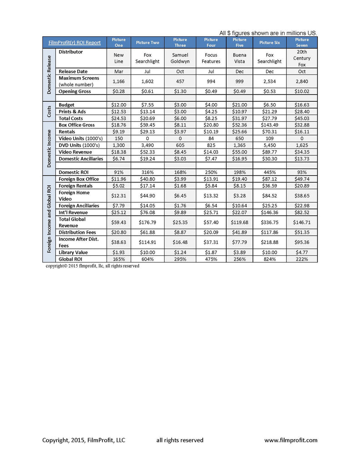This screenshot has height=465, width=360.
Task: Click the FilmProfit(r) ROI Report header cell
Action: click(x=75, y=43)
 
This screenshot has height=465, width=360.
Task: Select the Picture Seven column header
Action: click(x=301, y=43)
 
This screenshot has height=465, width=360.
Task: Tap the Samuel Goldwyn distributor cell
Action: click(x=180, y=58)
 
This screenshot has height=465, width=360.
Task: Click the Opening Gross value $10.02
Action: click(x=301, y=91)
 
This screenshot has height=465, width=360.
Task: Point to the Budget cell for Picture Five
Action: click(x=240, y=105)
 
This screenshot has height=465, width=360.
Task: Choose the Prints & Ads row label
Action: click(x=72, y=112)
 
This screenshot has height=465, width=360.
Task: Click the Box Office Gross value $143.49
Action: click(x=270, y=125)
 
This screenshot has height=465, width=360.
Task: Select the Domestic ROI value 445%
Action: click(x=270, y=172)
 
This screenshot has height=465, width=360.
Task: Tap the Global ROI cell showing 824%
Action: click(x=270, y=259)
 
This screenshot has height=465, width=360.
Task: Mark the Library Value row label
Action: click(x=73, y=252)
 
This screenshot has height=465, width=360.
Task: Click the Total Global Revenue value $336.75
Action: click(x=270, y=223)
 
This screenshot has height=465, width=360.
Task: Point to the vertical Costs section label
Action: click(x=49, y=112)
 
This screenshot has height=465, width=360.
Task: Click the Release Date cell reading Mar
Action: click(x=118, y=71)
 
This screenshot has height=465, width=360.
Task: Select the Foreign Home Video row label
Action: click(x=75, y=196)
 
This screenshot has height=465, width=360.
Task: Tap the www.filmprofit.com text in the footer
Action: click(x=291, y=440)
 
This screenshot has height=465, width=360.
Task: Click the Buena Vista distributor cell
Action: click(x=240, y=58)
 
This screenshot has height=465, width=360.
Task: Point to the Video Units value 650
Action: click(x=240, y=139)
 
